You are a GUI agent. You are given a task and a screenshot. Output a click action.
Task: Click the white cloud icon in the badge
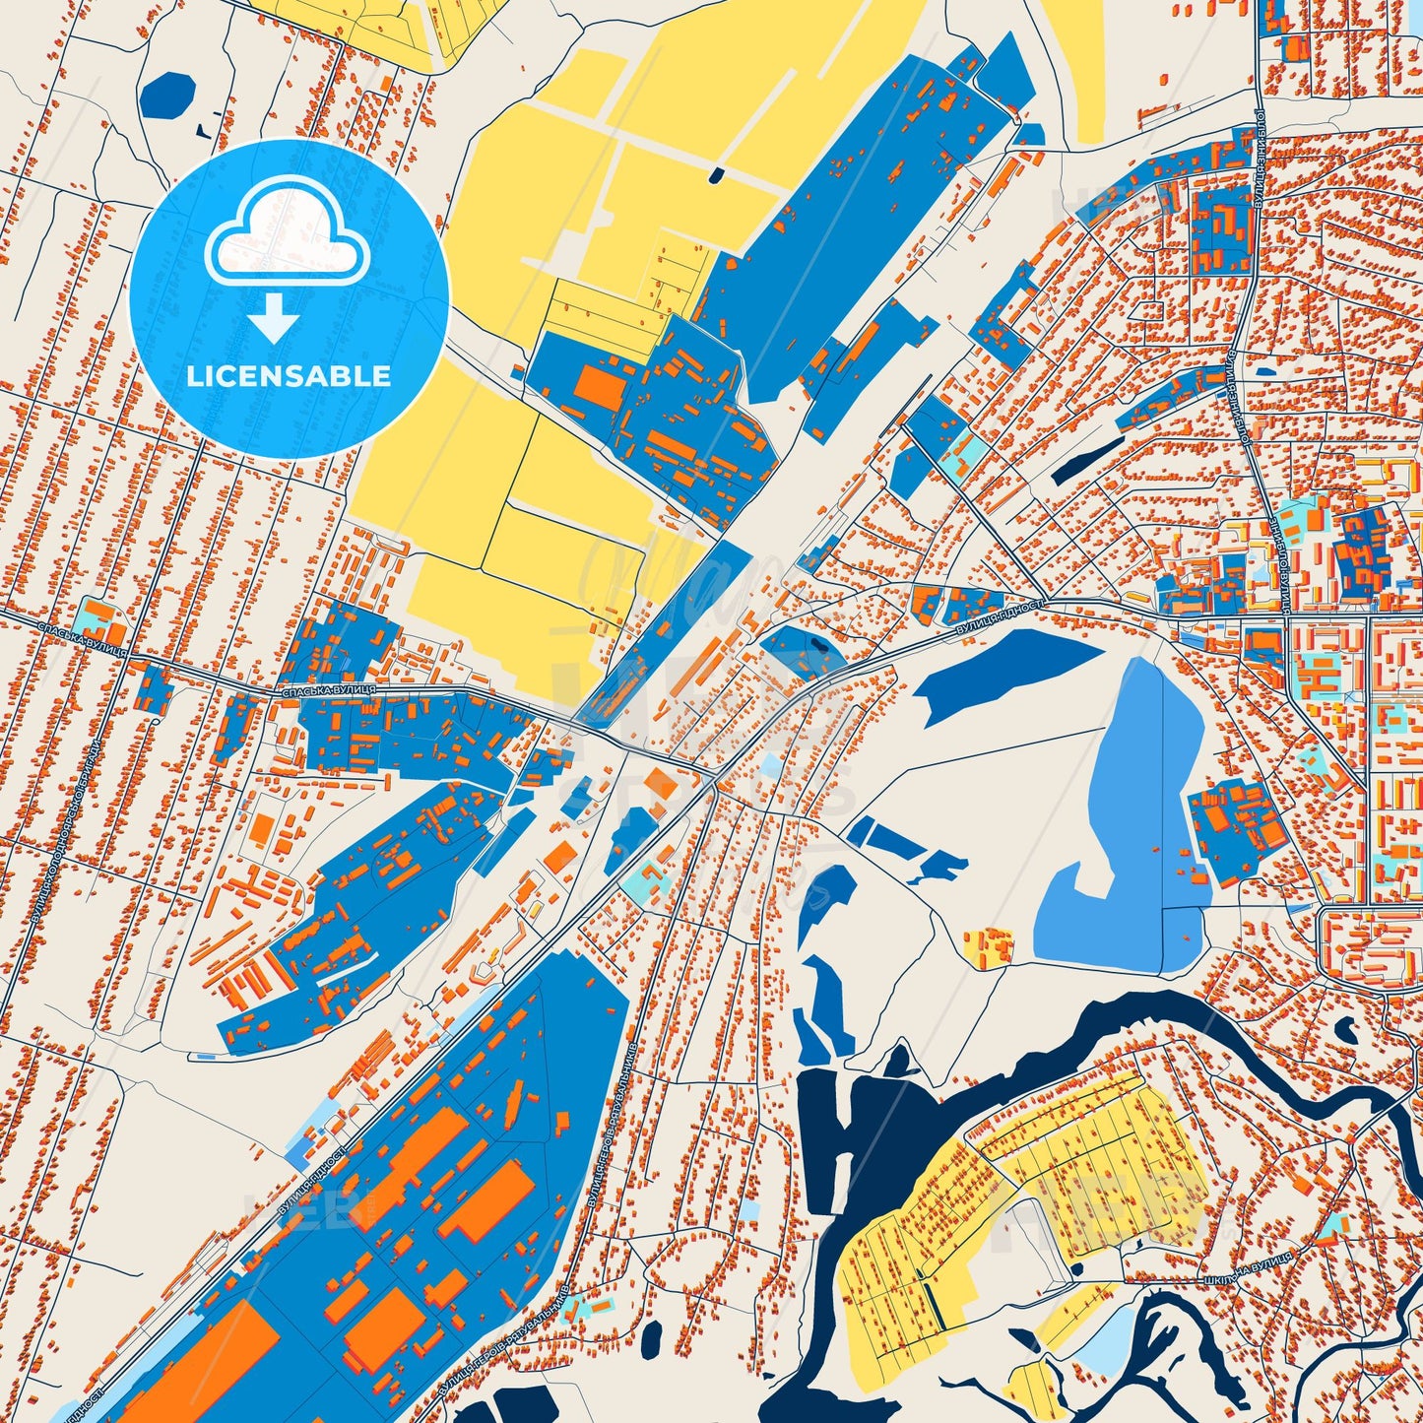click(x=287, y=237)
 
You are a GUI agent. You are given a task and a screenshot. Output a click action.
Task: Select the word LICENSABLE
click(x=289, y=376)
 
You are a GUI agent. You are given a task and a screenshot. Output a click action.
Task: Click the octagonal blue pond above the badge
click(x=169, y=95)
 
